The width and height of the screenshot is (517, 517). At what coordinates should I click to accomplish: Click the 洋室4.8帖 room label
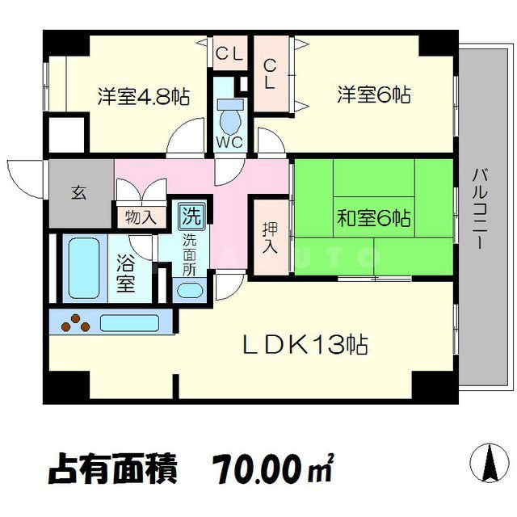point(144,96)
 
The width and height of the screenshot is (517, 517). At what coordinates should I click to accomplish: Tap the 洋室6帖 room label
point(373,95)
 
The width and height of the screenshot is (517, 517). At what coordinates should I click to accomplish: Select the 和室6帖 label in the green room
point(373,218)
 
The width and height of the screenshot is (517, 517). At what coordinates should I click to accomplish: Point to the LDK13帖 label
point(305,345)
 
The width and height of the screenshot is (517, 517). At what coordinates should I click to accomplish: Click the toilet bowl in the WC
point(230,116)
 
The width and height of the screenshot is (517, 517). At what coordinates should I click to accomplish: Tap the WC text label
point(229,142)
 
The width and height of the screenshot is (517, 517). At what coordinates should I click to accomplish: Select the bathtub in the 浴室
point(84,268)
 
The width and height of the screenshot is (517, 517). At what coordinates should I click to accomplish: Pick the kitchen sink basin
point(129,323)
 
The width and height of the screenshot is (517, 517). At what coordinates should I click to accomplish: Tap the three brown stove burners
point(75,322)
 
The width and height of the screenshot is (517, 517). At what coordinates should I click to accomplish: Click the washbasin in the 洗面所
point(190,291)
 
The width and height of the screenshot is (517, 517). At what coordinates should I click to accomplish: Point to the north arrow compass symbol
point(490,463)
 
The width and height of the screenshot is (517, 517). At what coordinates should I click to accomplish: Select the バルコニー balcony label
point(481,208)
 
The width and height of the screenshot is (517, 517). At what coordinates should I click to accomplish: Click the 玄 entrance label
point(79,192)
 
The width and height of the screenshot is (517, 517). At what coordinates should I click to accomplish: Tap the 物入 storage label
point(141,217)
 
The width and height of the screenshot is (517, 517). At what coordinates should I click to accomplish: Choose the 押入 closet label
point(270,238)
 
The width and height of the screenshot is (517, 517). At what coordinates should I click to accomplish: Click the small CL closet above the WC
point(229,53)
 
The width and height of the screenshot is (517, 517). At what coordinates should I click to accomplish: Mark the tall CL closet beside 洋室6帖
point(270,74)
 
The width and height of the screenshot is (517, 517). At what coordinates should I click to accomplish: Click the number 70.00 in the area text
point(256,469)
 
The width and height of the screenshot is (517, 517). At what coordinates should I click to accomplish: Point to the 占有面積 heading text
point(113,469)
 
